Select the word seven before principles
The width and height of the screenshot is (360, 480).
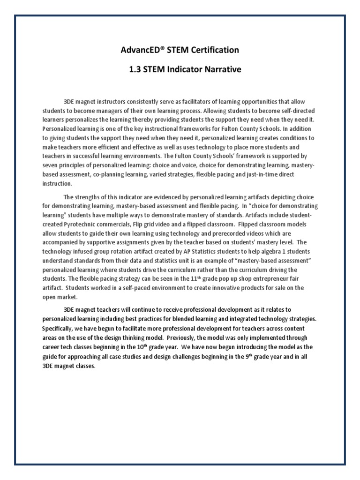[x=50, y=165]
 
